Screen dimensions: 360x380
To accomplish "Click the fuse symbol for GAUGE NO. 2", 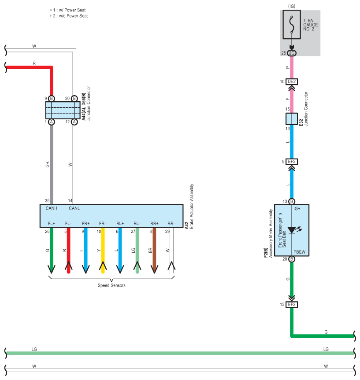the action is (292, 25).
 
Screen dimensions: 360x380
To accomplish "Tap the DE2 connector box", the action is (292, 81).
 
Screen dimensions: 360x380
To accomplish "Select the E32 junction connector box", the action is (292, 119).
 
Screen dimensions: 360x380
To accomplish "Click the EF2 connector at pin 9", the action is (292, 162).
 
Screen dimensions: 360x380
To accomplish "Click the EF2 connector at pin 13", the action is (292, 305).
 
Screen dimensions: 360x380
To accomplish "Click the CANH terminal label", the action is (52, 208).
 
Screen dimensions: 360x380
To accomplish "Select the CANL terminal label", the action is (74, 208).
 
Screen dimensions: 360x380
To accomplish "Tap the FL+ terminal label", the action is (52, 223).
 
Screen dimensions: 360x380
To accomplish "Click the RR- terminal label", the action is (171, 223).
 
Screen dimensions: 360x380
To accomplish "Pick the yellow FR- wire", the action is (103, 251).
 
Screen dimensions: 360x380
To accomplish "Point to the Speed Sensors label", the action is (111, 285).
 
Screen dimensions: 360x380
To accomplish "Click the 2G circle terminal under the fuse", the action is (292, 53).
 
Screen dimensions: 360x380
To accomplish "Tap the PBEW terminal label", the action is (300, 252).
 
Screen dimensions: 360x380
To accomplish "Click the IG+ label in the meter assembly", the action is (297, 209).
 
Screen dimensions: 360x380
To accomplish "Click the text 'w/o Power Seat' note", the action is (73, 16).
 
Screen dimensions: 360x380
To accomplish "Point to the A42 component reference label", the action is (186, 225).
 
